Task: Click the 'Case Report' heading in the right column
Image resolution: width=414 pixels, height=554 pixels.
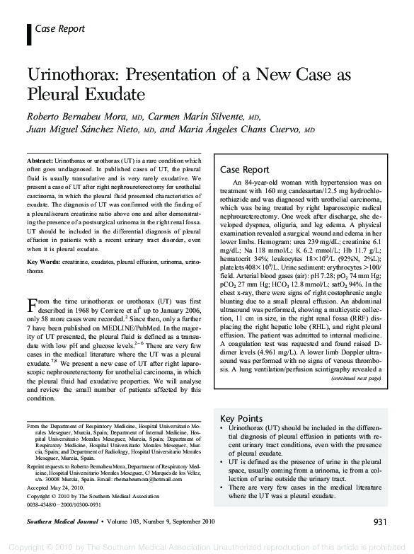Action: point(245,170)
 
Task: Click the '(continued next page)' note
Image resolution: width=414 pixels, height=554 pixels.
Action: point(356,379)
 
